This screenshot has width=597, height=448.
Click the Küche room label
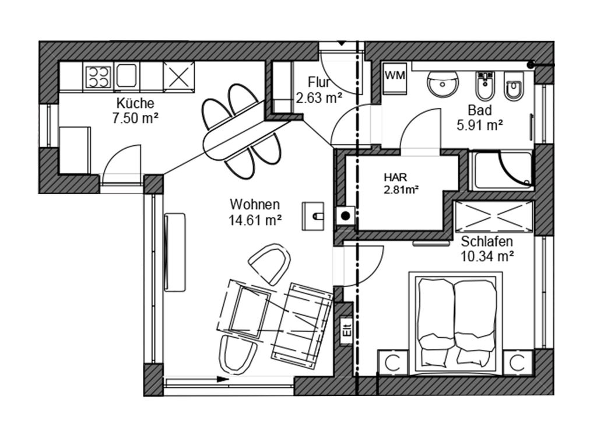pyautogui.click(x=135, y=103)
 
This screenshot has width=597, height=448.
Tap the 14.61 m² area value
pyautogui.click(x=255, y=220)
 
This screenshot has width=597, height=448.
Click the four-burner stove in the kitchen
pyautogui.click(x=99, y=77)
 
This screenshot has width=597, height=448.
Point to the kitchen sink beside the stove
pyautogui.click(x=127, y=76)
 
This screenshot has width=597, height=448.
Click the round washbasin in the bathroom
pyautogui.click(x=443, y=84)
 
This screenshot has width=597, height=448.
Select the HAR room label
pyautogui.click(x=395, y=177)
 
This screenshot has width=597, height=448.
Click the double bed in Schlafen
pyautogui.click(x=456, y=323)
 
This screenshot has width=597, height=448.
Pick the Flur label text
pyautogui.click(x=319, y=82)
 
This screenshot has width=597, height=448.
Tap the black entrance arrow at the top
pyautogui.click(x=342, y=43)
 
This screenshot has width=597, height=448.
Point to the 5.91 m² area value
pyautogui.click(x=480, y=125)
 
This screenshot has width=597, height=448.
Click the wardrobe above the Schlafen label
pyautogui.click(x=494, y=216)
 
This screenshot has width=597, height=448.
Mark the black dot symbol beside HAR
pyautogui.click(x=345, y=216)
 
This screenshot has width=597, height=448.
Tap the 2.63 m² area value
pyautogui.click(x=319, y=98)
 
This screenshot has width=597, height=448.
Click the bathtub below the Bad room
pyautogui.click(x=501, y=170)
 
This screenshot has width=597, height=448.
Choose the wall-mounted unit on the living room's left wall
pyautogui.click(x=175, y=252)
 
